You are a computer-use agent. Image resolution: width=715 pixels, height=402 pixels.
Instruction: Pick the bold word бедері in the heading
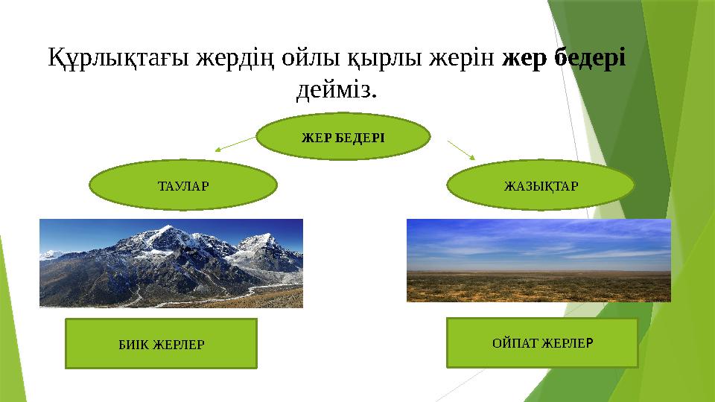(x=590, y=58)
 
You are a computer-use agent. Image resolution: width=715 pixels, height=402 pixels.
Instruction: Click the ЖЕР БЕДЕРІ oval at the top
(x=343, y=137)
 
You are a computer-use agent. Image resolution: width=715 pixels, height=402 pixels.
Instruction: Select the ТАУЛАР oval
(x=183, y=185)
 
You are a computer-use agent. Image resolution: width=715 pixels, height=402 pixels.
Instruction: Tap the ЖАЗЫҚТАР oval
(x=541, y=185)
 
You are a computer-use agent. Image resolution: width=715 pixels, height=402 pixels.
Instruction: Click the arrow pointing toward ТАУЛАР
(x=235, y=144)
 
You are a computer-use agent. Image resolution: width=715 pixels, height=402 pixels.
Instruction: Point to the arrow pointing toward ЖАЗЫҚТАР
(x=462, y=150)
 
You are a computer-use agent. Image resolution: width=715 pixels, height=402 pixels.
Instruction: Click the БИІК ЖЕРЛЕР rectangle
(x=162, y=344)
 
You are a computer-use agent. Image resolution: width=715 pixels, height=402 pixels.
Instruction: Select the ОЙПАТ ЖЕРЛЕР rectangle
(x=542, y=342)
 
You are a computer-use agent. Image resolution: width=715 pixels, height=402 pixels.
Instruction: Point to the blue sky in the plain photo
(x=538, y=244)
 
